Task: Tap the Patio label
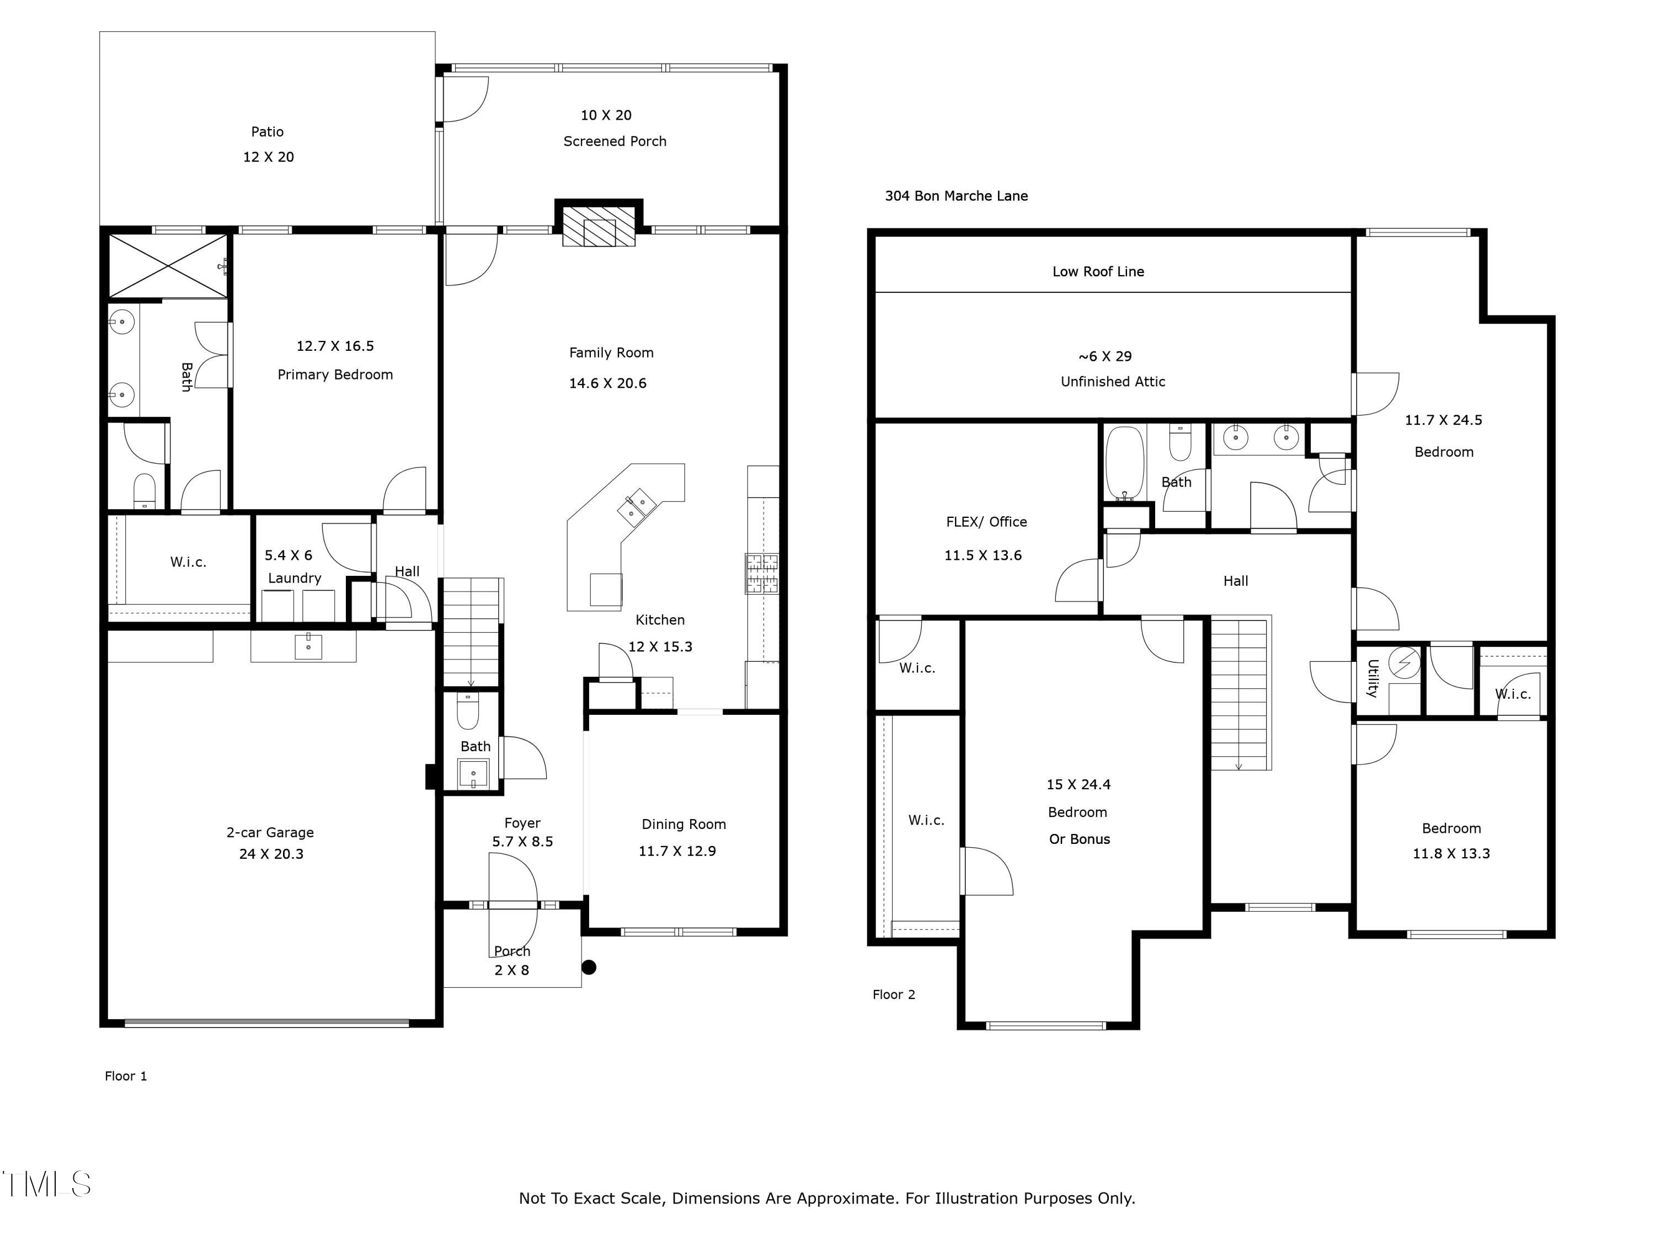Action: click(x=267, y=132)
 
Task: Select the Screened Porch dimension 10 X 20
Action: click(x=606, y=115)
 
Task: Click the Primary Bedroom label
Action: click(x=335, y=375)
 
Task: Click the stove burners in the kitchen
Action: click(x=762, y=573)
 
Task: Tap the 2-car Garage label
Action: click(x=270, y=832)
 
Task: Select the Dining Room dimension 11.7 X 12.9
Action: click(x=677, y=851)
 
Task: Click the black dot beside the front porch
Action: click(x=589, y=967)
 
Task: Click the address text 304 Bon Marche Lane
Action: click(x=956, y=196)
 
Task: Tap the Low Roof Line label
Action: click(x=1098, y=271)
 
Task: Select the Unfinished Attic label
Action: click(x=1113, y=382)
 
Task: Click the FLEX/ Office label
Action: click(x=986, y=522)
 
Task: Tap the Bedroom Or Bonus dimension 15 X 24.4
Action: click(x=1078, y=785)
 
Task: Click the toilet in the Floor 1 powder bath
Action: click(x=468, y=710)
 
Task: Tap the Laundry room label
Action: click(x=295, y=578)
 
